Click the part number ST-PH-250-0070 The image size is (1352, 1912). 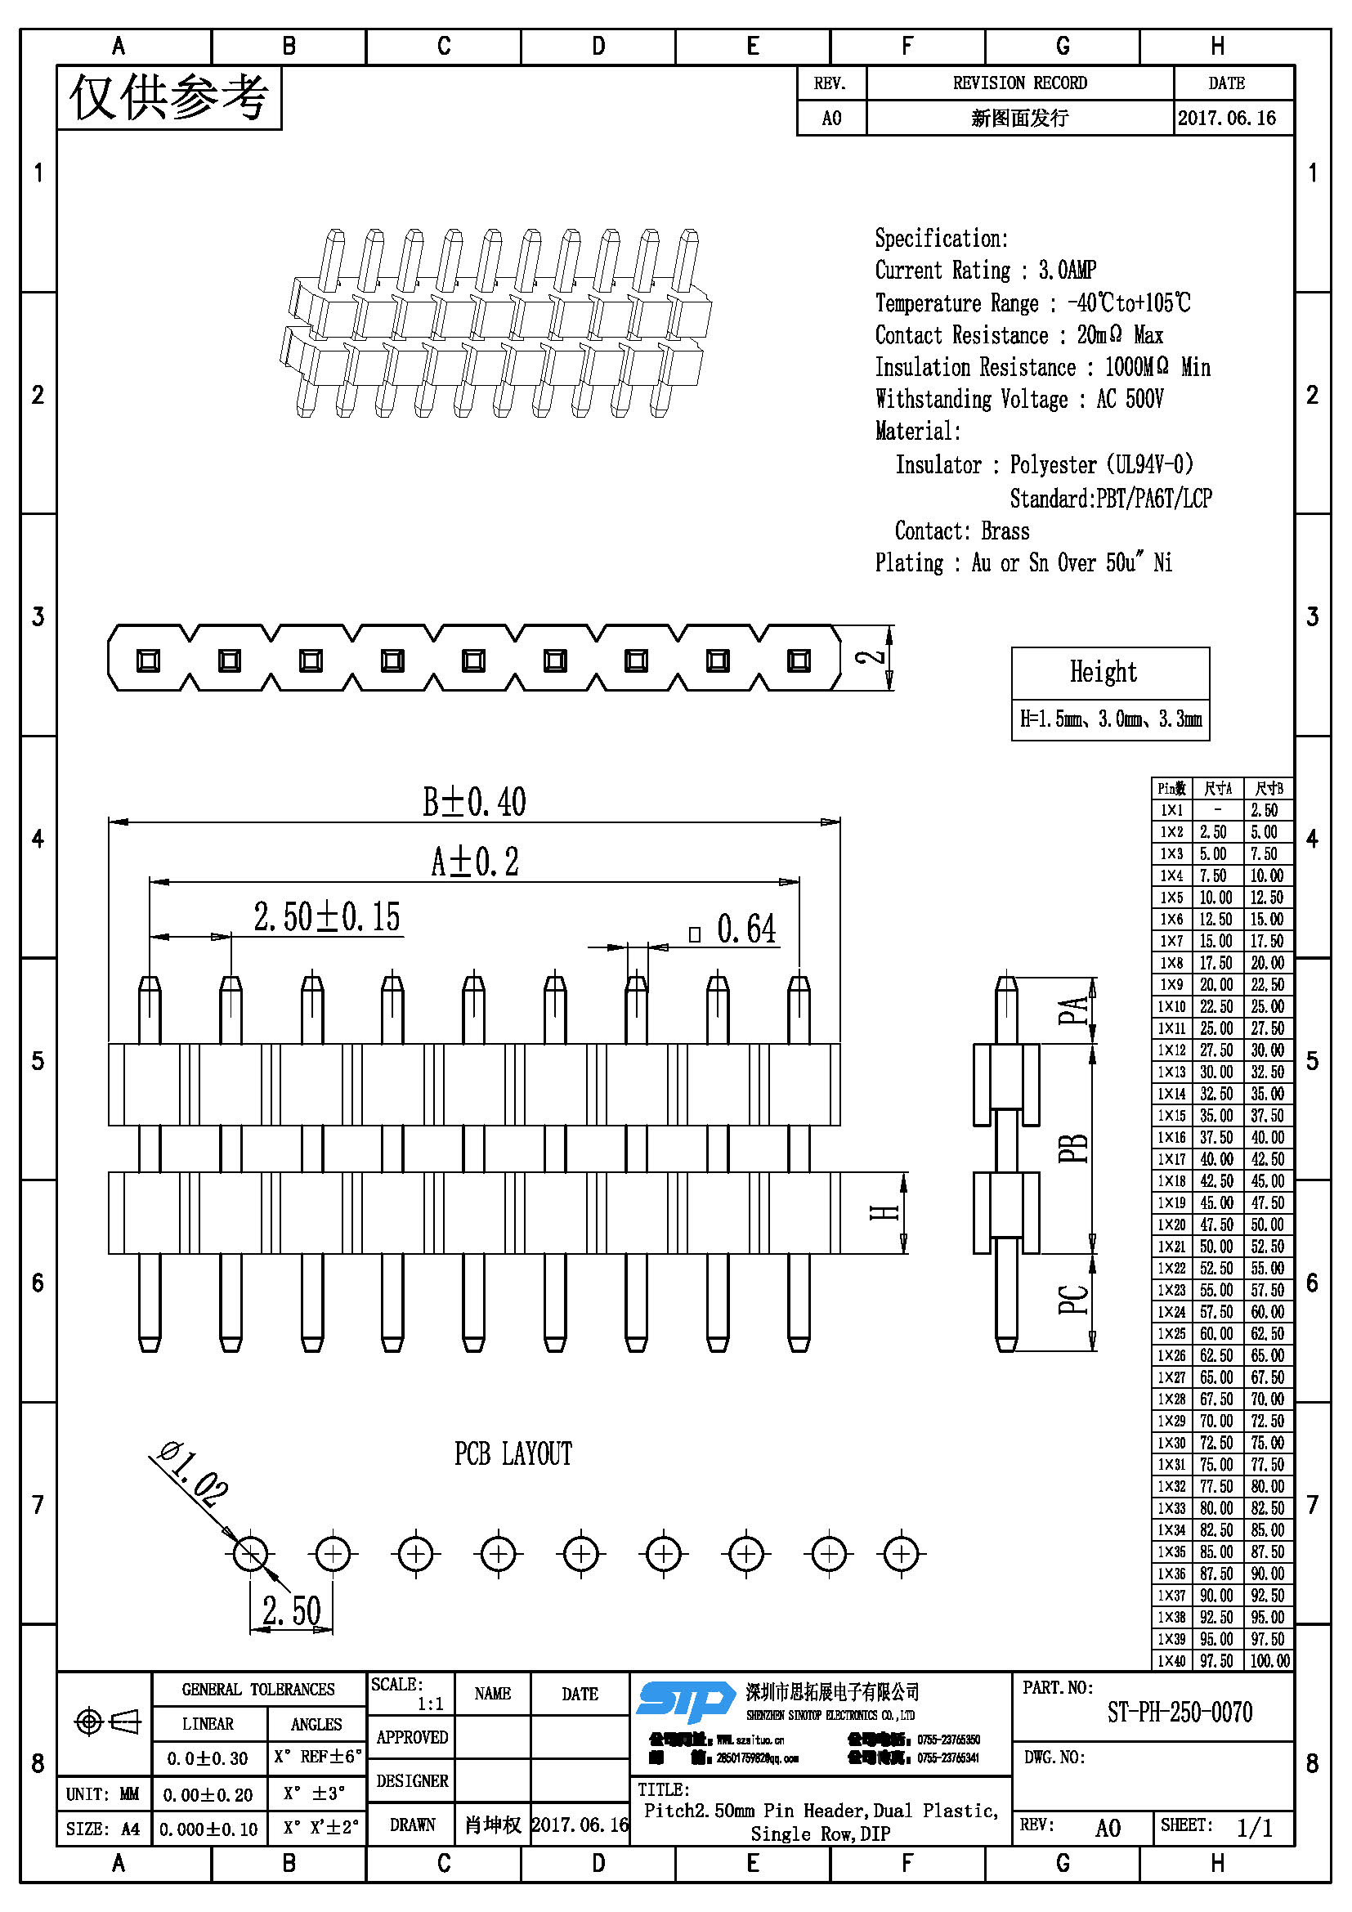click(1179, 1713)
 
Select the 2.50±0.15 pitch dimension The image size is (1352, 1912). click(327, 918)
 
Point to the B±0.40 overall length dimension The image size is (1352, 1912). click(474, 803)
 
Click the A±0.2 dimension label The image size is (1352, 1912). click(475, 862)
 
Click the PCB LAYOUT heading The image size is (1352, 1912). click(513, 1454)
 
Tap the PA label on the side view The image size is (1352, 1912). click(1073, 1010)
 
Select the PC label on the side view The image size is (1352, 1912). click(1073, 1300)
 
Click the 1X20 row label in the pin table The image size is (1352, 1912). click(1171, 1225)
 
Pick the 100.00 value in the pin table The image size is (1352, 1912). click(1269, 1661)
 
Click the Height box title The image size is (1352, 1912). click(1103, 672)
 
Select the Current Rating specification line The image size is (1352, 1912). click(985, 271)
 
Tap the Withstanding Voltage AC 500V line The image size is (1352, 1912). click(1019, 400)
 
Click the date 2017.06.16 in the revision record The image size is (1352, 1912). click(1226, 119)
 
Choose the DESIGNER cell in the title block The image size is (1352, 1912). click(412, 1781)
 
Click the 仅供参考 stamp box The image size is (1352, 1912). click(169, 98)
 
